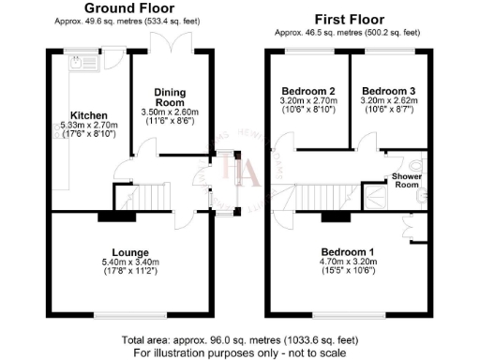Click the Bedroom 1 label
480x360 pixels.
pyautogui.click(x=348, y=252)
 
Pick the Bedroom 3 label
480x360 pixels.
pyautogui.click(x=386, y=91)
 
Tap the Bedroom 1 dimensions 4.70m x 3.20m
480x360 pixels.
pyautogui.click(x=348, y=262)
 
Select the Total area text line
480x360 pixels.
pyautogui.click(x=239, y=339)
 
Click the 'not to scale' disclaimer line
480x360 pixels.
pyautogui.click(x=239, y=352)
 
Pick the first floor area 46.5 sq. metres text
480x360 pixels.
pyautogui.click(x=347, y=31)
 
